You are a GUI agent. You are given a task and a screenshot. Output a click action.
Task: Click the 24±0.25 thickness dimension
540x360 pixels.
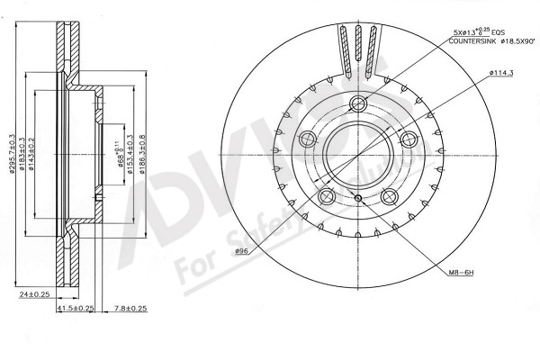tap(34, 293)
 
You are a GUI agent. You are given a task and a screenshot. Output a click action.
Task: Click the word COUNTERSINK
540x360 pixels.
tap(473, 41)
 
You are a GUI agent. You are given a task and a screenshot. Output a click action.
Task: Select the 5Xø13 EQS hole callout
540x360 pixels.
tap(481, 31)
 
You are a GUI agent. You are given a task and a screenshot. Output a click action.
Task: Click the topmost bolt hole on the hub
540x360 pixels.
tap(358, 102)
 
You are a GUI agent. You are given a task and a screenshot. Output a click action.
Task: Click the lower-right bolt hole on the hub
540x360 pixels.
tap(390, 197)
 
